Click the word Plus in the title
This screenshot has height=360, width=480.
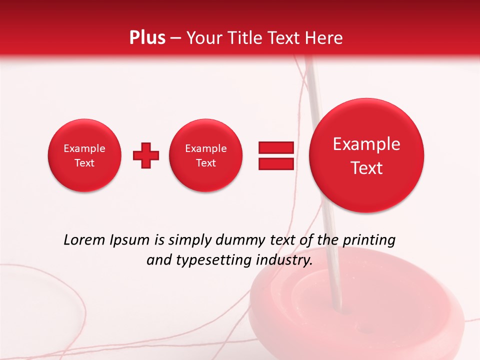tap(147, 37)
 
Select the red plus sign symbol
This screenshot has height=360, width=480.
tap(146, 155)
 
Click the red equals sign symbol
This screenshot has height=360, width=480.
tap(275, 155)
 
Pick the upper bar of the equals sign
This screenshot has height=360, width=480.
tap(275, 147)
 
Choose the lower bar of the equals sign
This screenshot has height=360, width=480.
tap(275, 163)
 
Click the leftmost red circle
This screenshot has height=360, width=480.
tap(84, 155)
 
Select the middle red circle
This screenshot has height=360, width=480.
tap(206, 155)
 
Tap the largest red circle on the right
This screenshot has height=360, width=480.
tap(366, 155)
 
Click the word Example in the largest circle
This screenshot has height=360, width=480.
tap(366, 144)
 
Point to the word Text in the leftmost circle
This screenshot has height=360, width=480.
tap(84, 163)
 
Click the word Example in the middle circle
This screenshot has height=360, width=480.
tap(206, 148)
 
